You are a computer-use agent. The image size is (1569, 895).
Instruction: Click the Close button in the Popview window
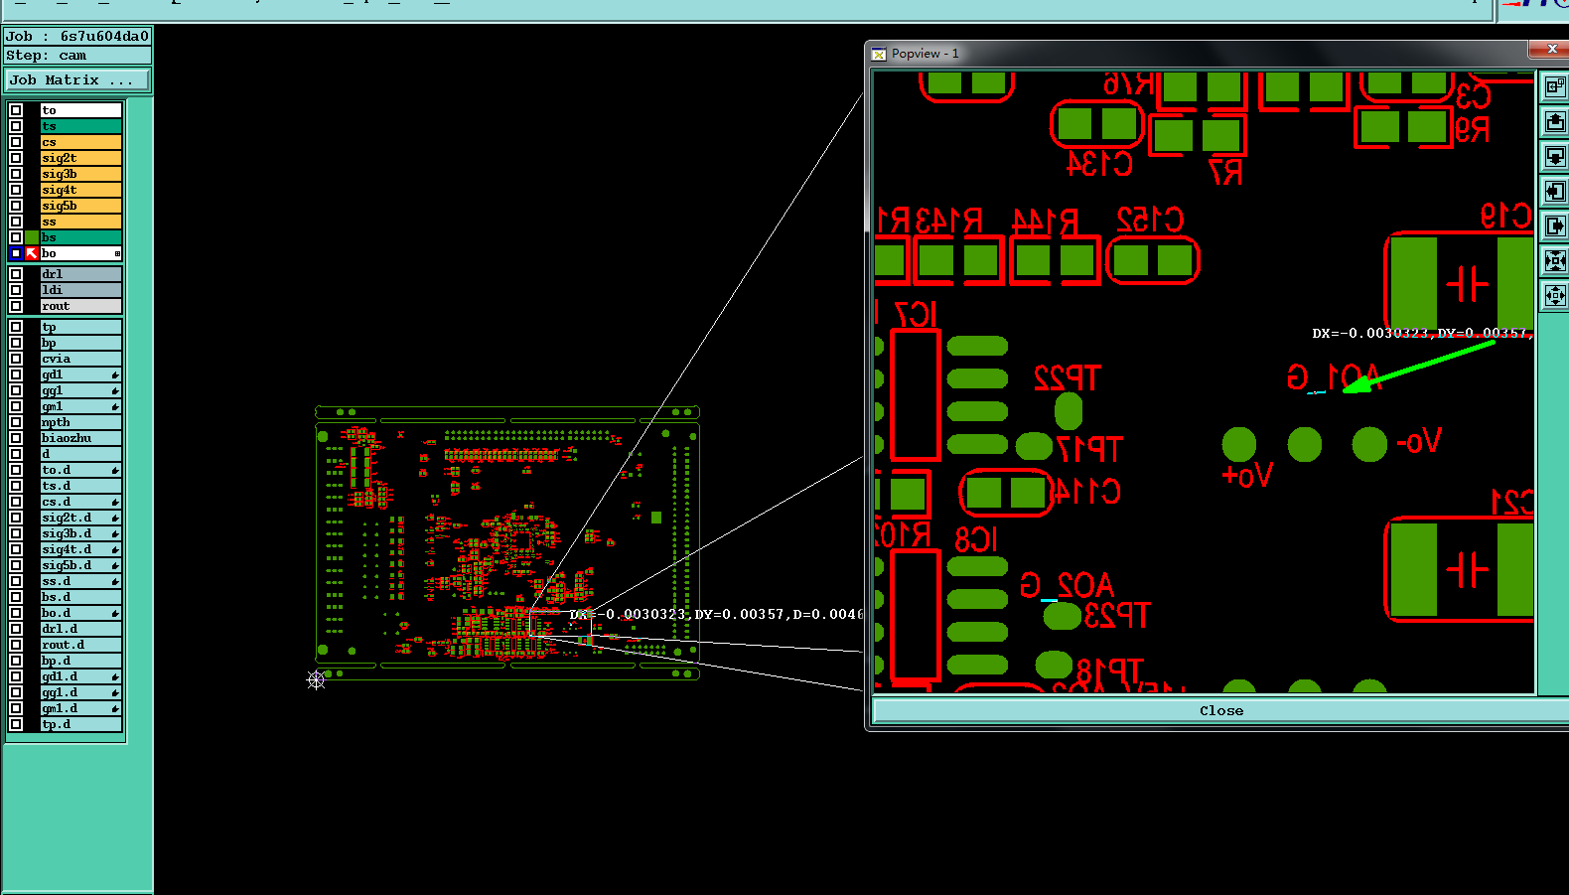coord(1220,710)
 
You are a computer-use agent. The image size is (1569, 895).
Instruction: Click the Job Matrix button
coord(77,80)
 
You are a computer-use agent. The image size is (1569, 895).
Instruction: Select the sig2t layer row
coord(79,158)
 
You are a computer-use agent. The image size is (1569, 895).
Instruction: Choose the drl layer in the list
coord(79,274)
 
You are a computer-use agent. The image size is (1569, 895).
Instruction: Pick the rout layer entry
coord(79,306)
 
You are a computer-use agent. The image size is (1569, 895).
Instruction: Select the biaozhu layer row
coord(79,438)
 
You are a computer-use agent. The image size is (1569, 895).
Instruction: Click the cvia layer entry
coord(79,359)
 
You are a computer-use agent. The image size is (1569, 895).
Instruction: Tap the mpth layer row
coord(79,422)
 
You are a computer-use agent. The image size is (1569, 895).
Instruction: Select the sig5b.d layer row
coord(79,565)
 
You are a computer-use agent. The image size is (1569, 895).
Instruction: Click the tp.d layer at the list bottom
coord(79,724)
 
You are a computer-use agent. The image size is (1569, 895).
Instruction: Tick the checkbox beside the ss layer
coord(16,222)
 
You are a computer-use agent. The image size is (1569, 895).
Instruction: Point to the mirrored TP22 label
coord(1067,378)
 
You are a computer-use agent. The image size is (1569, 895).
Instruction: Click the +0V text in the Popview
coord(1246,476)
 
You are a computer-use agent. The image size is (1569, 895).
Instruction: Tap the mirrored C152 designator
coord(1149,220)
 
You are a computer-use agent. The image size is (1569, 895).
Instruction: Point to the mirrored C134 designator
coord(1099,164)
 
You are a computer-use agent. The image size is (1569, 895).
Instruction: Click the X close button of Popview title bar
coord(1552,49)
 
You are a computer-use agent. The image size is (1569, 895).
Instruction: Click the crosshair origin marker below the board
coord(316,679)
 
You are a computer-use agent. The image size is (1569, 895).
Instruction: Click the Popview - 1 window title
coord(925,54)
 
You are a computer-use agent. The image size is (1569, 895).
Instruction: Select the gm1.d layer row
coord(79,708)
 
